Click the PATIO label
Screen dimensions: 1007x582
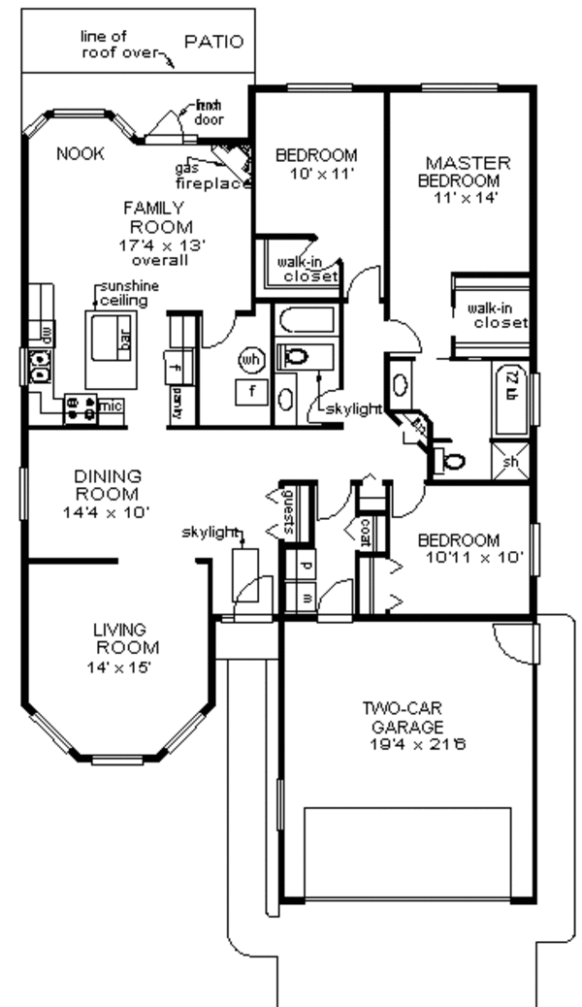(x=213, y=42)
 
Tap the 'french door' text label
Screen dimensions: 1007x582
(x=209, y=113)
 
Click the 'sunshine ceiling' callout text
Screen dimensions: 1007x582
(x=124, y=294)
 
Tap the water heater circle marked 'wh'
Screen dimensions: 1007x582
(x=251, y=360)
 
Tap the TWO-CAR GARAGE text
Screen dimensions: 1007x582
(x=404, y=716)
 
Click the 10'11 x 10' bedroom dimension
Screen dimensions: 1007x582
(x=474, y=558)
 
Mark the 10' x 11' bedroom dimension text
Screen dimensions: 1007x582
(x=315, y=175)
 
